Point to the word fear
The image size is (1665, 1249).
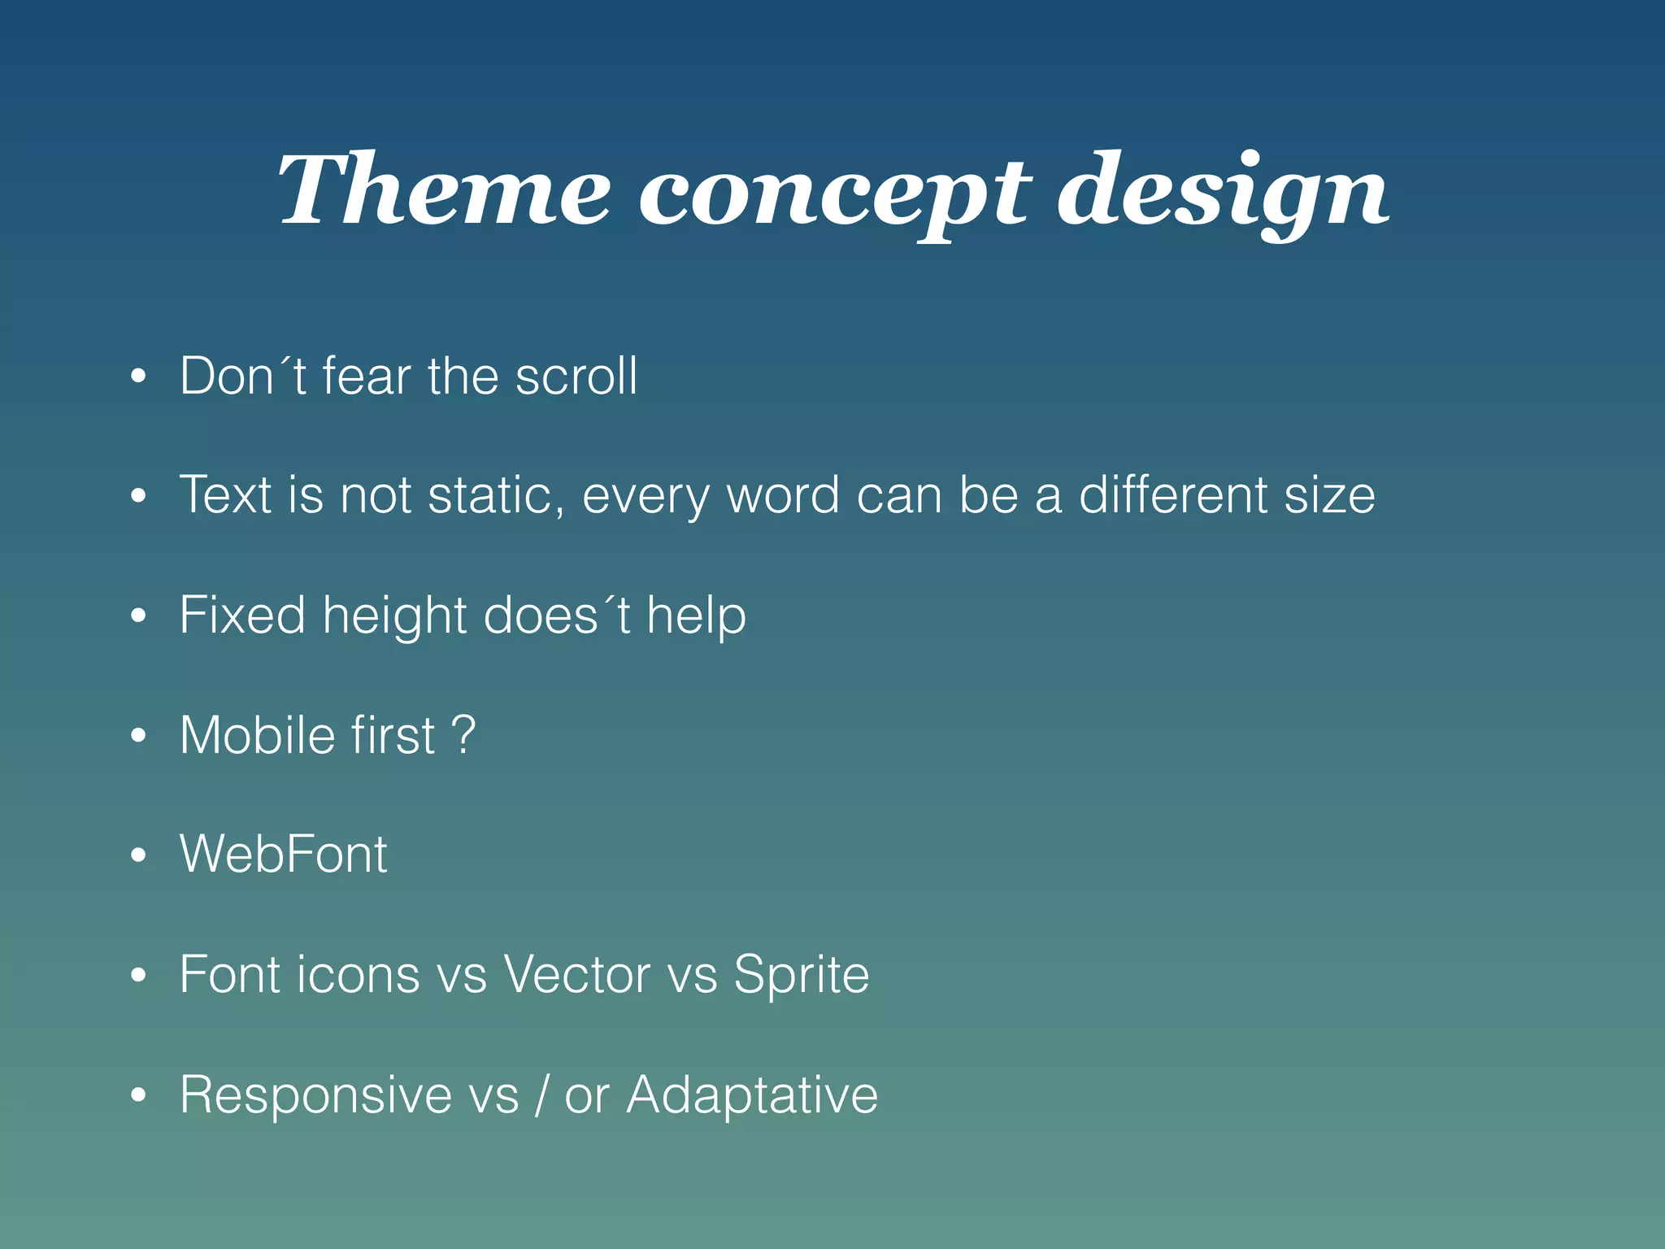(x=367, y=376)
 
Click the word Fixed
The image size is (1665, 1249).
(x=242, y=615)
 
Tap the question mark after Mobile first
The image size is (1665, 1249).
(x=463, y=734)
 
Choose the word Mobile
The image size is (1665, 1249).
(x=257, y=735)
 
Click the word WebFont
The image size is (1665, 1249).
(x=283, y=855)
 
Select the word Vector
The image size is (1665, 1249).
(x=576, y=974)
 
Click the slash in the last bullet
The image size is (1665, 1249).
(x=541, y=1095)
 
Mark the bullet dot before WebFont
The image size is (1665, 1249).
(x=138, y=855)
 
